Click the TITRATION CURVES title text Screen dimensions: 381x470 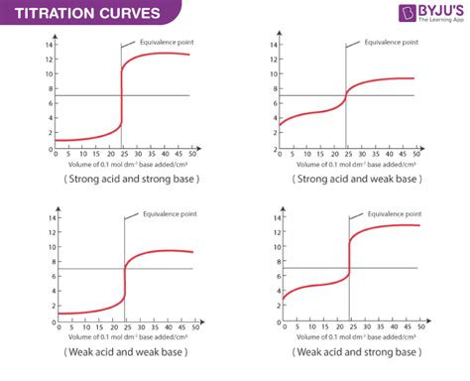[x=74, y=13]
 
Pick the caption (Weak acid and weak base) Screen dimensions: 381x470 [x=117, y=352]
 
